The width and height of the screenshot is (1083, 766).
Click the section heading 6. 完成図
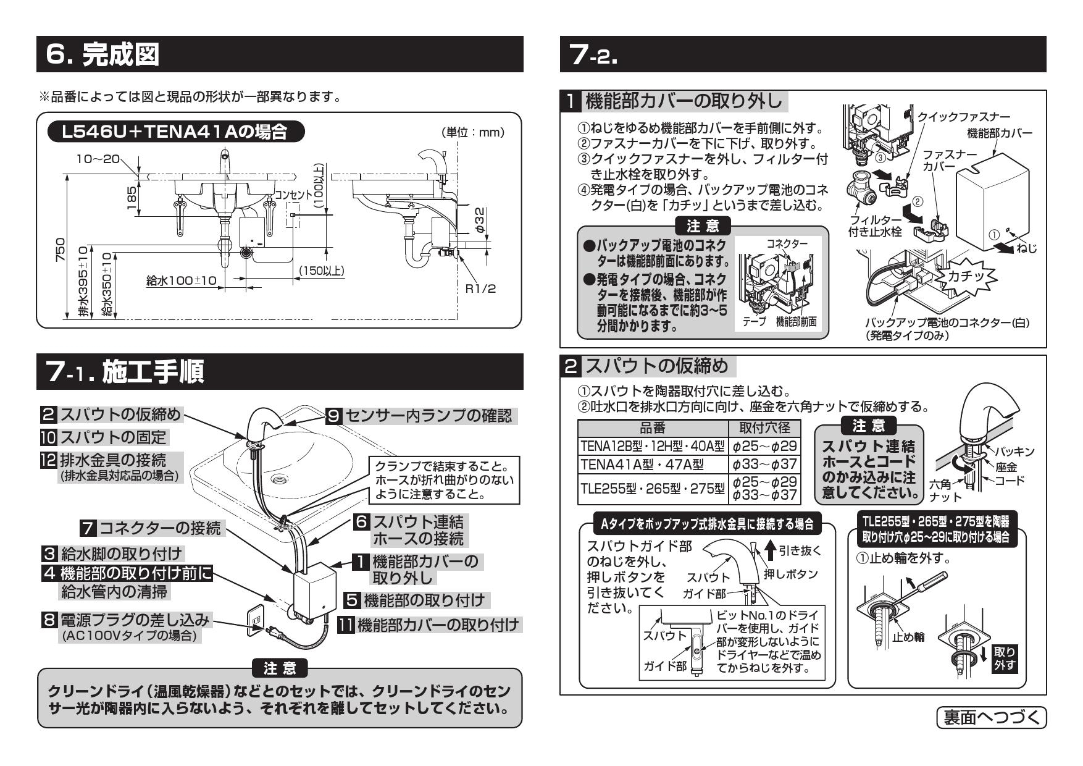[x=103, y=54]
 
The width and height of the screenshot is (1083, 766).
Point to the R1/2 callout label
[x=480, y=288]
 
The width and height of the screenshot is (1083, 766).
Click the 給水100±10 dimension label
[x=181, y=281]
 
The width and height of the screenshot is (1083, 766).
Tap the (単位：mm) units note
[x=473, y=132]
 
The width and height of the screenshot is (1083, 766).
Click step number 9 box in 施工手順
[x=333, y=416]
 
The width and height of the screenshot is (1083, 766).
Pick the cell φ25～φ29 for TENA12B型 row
[x=764, y=446]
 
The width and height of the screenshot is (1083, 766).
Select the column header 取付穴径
[x=764, y=428]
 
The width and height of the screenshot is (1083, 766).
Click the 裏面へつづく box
[x=992, y=717]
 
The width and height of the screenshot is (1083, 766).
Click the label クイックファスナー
[x=964, y=117]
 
